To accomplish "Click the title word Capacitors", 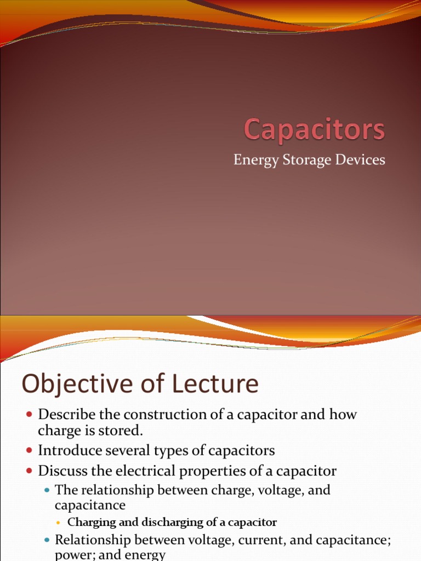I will pos(314,130).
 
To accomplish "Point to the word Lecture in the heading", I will pos(214,385).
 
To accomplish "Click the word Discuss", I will pos(60,471).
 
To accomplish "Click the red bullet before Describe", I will pos(30,415).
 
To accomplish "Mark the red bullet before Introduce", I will pos(30,451).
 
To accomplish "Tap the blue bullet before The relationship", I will pos(47,490).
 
